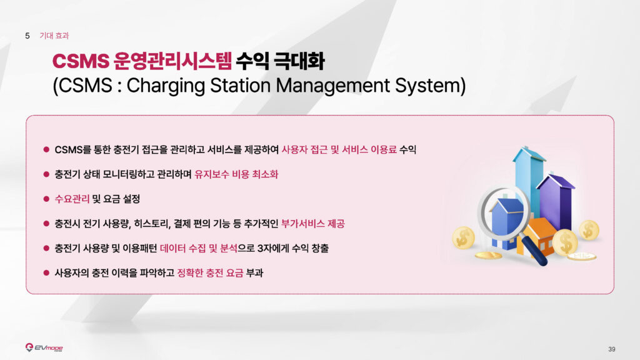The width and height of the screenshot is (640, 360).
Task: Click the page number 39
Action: [x=611, y=349]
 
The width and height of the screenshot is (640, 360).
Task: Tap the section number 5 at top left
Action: [x=27, y=36]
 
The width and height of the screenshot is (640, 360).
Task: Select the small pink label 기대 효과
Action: [x=54, y=36]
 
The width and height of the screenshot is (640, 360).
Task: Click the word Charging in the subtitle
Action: [x=166, y=86]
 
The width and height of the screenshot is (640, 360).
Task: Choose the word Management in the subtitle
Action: [x=332, y=86]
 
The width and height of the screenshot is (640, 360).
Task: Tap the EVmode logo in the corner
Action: [x=44, y=347]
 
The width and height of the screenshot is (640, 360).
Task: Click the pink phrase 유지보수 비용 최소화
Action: [x=236, y=174]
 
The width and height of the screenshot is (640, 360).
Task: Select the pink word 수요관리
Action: [x=72, y=199]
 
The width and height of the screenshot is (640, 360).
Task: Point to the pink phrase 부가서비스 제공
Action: [x=313, y=224]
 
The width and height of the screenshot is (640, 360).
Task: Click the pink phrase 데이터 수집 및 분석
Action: [x=198, y=248]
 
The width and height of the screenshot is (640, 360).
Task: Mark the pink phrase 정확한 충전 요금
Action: [x=210, y=272]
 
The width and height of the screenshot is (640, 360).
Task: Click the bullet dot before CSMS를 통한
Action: [x=46, y=150]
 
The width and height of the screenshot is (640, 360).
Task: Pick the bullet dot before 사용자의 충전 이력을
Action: [x=46, y=272]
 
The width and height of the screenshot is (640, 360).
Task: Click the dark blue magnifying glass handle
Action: [x=534, y=251]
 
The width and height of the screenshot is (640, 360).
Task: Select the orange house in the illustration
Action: [x=538, y=237]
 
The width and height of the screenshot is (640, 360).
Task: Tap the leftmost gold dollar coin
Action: [x=463, y=237]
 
